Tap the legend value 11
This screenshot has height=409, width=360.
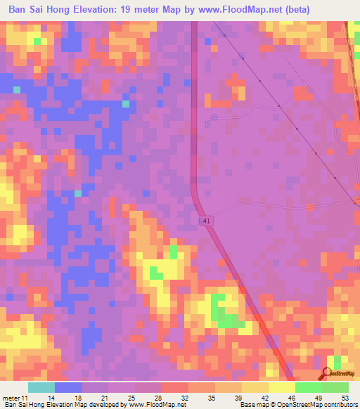click(25, 398)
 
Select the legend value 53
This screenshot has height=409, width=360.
click(345, 398)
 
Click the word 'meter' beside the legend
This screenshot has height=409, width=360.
click(11, 398)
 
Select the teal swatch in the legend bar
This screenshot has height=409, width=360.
click(41, 387)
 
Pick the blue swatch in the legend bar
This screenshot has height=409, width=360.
click(68, 387)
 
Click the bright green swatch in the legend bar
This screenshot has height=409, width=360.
click(308, 387)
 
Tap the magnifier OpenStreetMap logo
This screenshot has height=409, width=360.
click(328, 374)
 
